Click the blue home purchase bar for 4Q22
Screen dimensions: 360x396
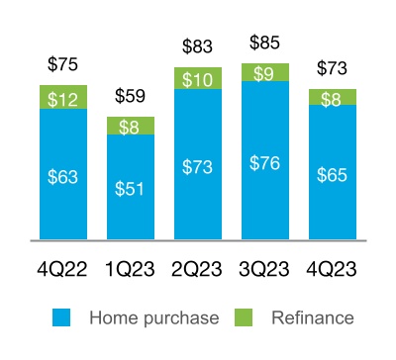coord(63,173)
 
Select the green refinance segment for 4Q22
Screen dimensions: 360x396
coord(63,97)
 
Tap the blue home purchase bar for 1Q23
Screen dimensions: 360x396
coord(131,186)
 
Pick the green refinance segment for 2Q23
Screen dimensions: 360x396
coord(198,78)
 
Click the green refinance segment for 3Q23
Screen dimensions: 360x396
coord(265,72)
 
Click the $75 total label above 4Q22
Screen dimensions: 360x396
coord(63,65)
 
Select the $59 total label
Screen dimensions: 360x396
coord(131,96)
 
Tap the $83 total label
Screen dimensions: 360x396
coord(198,45)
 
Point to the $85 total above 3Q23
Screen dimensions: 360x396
coord(265,43)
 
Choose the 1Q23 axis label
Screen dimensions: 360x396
coord(131,269)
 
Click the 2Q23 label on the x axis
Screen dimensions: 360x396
coord(198,269)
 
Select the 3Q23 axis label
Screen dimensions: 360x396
coord(265,269)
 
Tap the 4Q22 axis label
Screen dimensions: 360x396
coord(63,269)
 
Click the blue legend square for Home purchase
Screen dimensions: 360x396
coord(62,317)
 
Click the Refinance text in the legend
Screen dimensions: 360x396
coord(312,317)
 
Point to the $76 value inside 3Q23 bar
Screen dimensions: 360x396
coord(265,164)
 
